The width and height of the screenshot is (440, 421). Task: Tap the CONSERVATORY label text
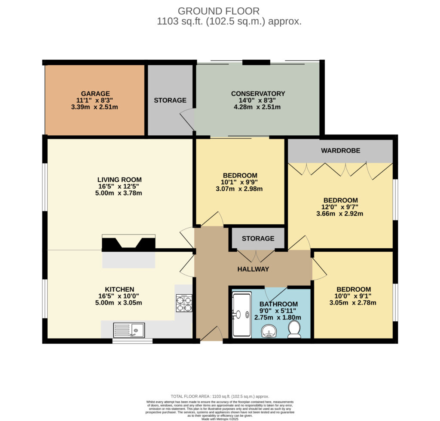[x=258, y=94]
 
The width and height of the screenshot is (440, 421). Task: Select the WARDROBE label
[x=340, y=151]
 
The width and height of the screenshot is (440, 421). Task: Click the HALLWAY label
[x=253, y=269]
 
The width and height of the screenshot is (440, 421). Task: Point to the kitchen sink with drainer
[x=129, y=330]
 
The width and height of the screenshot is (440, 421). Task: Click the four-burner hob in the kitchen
[x=184, y=303]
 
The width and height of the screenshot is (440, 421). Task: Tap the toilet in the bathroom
[x=294, y=329]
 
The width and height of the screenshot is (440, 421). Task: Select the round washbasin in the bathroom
[x=269, y=331]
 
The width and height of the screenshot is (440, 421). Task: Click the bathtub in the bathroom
[x=242, y=315]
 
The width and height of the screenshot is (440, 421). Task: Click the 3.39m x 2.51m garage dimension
[x=95, y=107]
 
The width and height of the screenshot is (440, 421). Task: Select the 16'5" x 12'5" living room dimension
[x=119, y=186]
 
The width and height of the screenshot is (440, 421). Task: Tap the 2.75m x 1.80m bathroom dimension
[x=278, y=317]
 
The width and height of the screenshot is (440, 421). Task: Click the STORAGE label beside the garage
[x=170, y=101]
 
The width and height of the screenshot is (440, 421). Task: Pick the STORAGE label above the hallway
[x=258, y=239]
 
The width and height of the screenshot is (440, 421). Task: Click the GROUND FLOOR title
[x=219, y=11]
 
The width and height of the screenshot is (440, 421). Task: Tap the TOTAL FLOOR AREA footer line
[x=220, y=397]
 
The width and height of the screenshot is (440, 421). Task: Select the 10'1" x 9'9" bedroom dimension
[x=239, y=182]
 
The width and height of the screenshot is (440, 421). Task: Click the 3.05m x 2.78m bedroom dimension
[x=353, y=303]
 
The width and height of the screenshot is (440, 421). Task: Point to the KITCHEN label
[x=119, y=290]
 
